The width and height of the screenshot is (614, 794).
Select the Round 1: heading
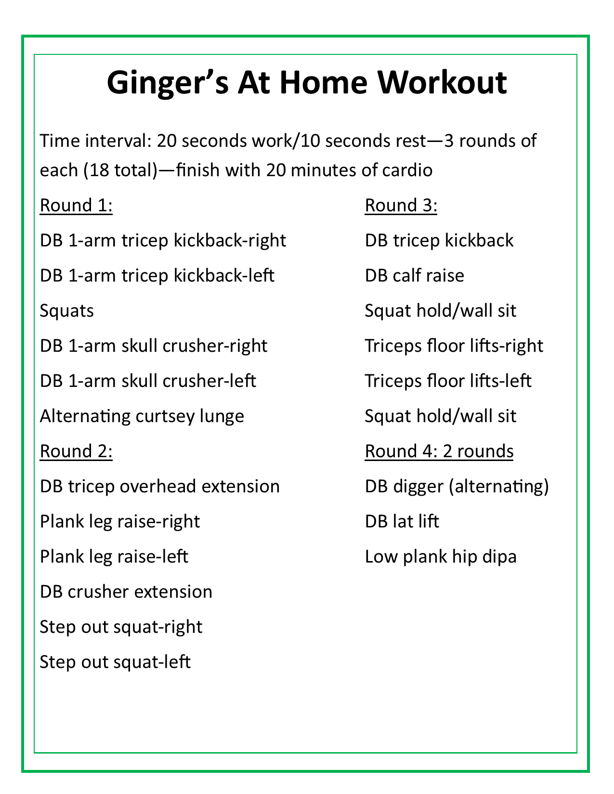coord(76,205)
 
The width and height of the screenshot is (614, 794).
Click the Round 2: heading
coord(76,451)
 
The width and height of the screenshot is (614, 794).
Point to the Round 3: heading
coord(401,205)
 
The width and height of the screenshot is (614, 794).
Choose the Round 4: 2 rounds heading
coord(439,451)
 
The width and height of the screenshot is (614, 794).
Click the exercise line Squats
coord(67,311)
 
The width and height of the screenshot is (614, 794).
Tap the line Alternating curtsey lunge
coord(142,416)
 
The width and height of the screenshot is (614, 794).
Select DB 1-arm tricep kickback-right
coord(163,241)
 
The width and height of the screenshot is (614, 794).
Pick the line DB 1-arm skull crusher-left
coord(148,381)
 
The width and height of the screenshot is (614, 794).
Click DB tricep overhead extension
coord(159,487)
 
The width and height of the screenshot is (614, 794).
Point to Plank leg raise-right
coord(120,522)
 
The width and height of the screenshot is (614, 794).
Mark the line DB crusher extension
coord(126,592)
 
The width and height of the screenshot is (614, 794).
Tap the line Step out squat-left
coord(115,662)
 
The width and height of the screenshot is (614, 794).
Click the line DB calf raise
coord(414,276)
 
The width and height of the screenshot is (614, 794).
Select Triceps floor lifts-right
coord(454,346)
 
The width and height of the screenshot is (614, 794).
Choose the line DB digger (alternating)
coord(457,487)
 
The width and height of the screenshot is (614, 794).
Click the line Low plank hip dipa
coord(441,557)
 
